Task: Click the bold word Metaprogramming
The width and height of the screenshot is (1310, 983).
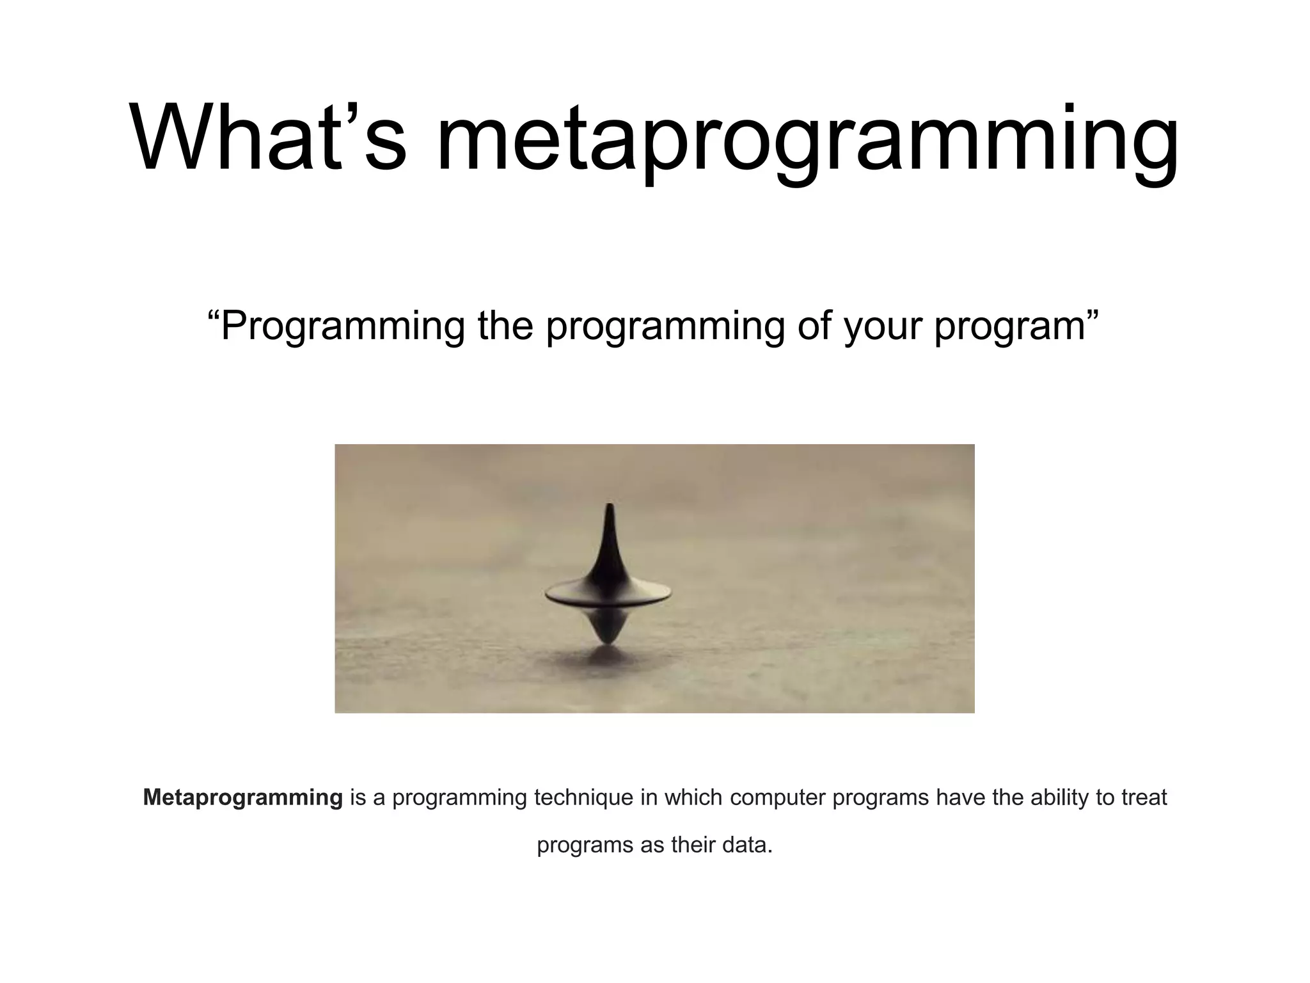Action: tap(242, 798)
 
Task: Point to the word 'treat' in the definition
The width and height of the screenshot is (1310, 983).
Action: tap(1144, 797)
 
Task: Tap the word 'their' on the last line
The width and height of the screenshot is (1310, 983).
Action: tap(693, 845)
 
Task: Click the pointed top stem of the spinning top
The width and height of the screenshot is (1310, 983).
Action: tap(609, 531)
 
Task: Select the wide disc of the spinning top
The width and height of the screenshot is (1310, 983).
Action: tap(608, 595)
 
